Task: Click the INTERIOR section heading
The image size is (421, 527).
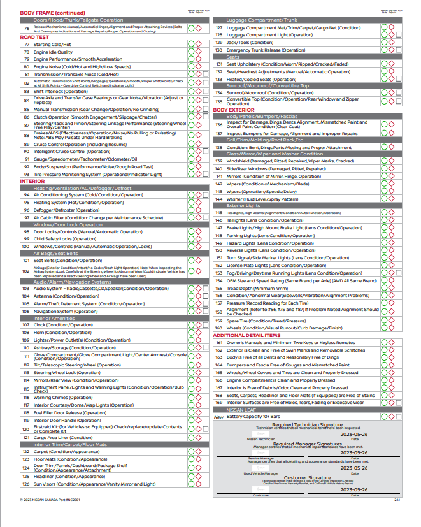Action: coord(32,181)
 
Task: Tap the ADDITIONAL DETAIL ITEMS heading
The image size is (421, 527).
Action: coord(246,335)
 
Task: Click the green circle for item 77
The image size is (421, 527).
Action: coord(190,45)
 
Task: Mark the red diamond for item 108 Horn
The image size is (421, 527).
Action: coord(197,332)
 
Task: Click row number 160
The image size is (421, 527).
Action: coord(218,328)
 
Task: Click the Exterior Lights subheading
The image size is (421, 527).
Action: coord(243,206)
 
